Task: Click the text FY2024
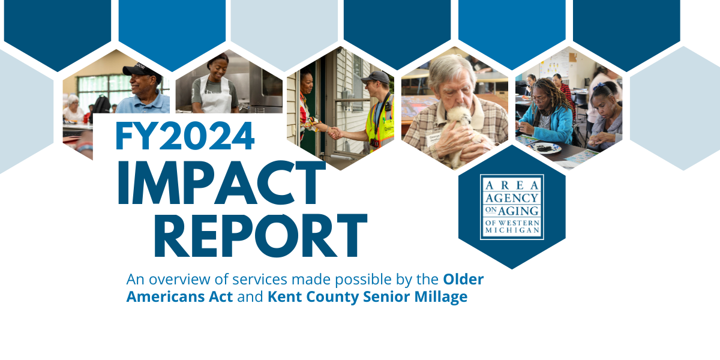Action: point(185,136)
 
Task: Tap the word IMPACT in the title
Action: point(222,182)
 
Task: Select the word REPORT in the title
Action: point(260,235)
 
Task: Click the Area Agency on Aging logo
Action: point(512,207)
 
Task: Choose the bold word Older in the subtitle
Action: point(463,280)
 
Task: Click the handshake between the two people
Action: point(335,133)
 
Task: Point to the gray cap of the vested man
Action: point(375,77)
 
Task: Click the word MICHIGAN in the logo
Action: point(512,230)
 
